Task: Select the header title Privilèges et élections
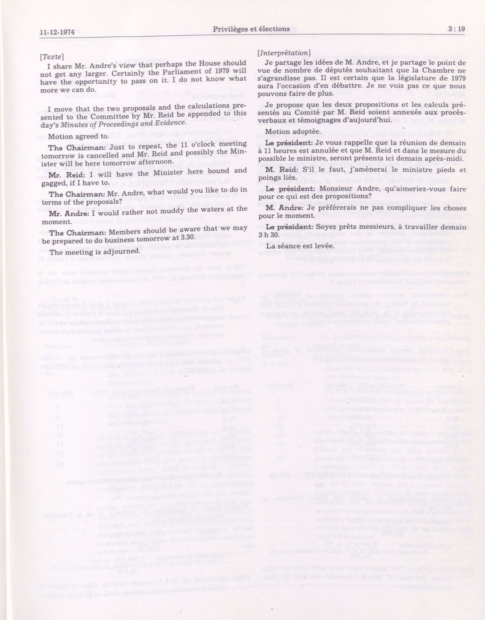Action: point(251,29)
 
